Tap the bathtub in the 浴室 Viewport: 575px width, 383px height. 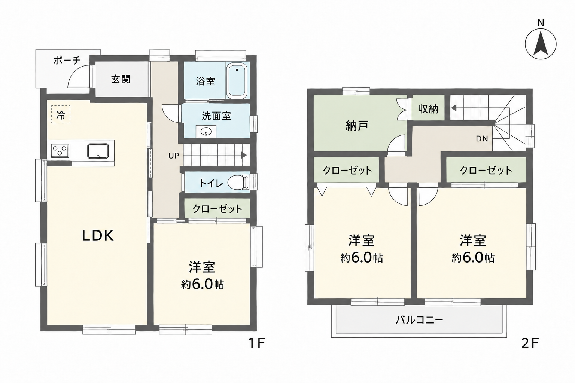pyautogui.click(x=237, y=81)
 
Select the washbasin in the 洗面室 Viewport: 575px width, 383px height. pyautogui.click(x=206, y=132)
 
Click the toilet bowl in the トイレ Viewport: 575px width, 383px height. pyautogui.click(x=238, y=183)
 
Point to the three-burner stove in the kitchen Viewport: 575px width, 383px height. pyautogui.click(x=60, y=151)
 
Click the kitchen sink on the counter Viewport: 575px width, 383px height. pyautogui.click(x=98, y=151)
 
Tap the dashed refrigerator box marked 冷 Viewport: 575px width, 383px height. pyautogui.click(x=61, y=114)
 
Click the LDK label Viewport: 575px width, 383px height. pyautogui.click(x=98, y=236)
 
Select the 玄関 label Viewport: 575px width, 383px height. pyautogui.click(x=121, y=79)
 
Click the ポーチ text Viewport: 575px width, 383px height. pyautogui.click(x=67, y=61)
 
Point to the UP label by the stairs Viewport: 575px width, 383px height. pyautogui.click(x=174, y=156)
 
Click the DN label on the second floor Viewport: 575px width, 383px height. pyautogui.click(x=482, y=139)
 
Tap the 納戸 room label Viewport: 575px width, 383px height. pyautogui.click(x=357, y=126)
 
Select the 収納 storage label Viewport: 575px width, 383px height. pyautogui.click(x=428, y=109)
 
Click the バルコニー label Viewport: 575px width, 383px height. pyautogui.click(x=419, y=320)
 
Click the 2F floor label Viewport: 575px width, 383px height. pyautogui.click(x=530, y=343)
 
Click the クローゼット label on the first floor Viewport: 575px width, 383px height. pyautogui.click(x=217, y=209)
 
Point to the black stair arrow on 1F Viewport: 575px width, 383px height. pyautogui.click(x=244, y=155)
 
